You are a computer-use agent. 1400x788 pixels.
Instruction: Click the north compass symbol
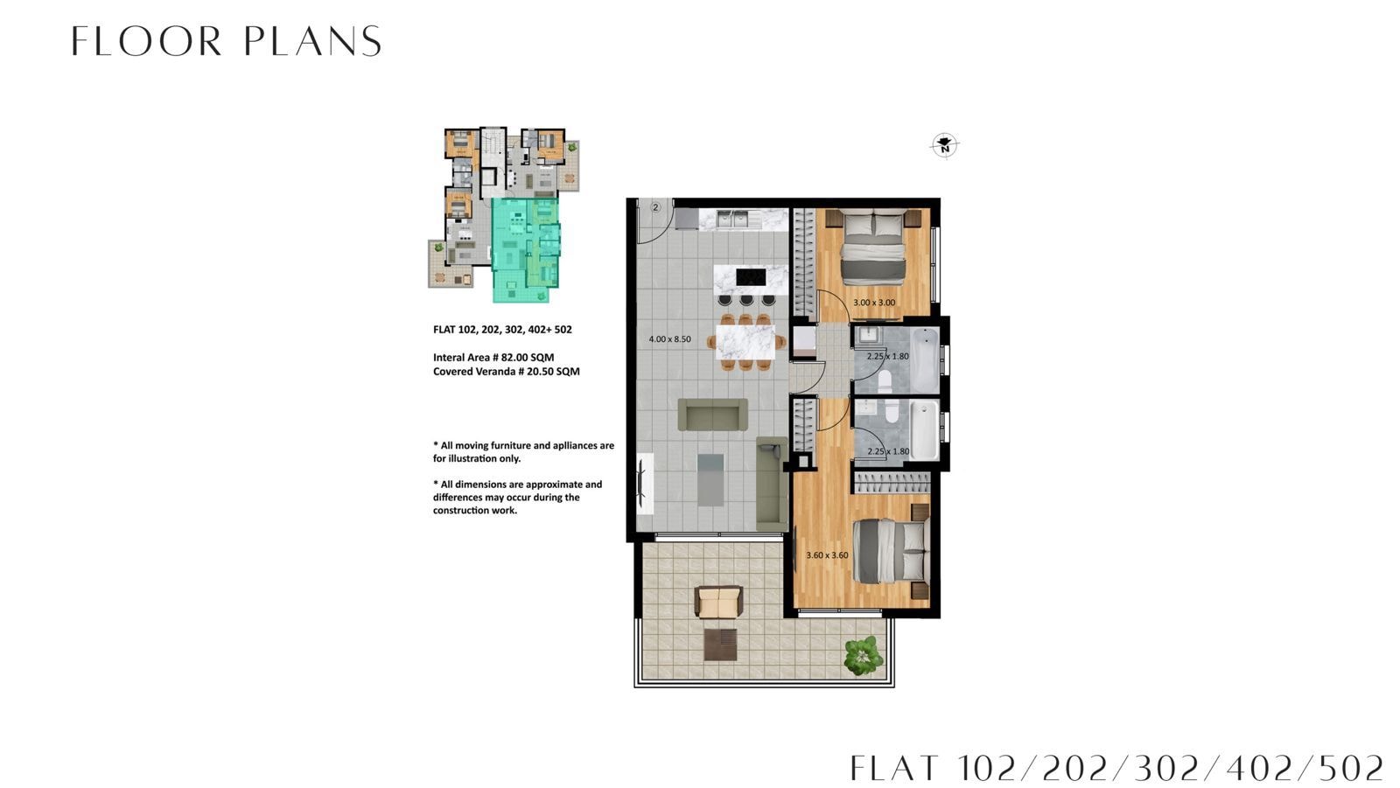point(944,146)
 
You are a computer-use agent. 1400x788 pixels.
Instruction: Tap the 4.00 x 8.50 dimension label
point(669,339)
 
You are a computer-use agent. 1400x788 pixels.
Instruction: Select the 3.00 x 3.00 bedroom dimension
point(874,303)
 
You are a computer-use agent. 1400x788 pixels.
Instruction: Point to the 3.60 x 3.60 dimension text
point(827,554)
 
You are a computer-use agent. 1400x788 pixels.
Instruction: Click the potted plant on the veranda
point(864,656)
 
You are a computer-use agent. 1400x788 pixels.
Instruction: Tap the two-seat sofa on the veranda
point(718,602)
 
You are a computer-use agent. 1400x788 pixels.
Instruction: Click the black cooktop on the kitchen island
point(751,277)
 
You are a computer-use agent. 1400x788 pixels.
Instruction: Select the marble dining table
point(745,343)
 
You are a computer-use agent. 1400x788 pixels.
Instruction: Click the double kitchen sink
point(732,219)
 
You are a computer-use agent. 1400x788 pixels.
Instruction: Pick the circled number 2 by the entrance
point(655,207)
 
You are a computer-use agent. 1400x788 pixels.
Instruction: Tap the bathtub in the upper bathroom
point(925,360)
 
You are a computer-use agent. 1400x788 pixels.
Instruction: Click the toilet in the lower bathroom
point(892,410)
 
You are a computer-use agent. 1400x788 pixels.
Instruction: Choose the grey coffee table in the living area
point(710,480)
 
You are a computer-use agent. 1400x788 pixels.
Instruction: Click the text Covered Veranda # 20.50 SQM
point(507,371)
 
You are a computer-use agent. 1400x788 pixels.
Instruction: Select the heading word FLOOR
point(146,41)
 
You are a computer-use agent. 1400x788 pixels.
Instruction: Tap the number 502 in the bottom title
point(1351,768)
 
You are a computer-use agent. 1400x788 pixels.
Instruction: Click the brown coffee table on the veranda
point(720,645)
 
